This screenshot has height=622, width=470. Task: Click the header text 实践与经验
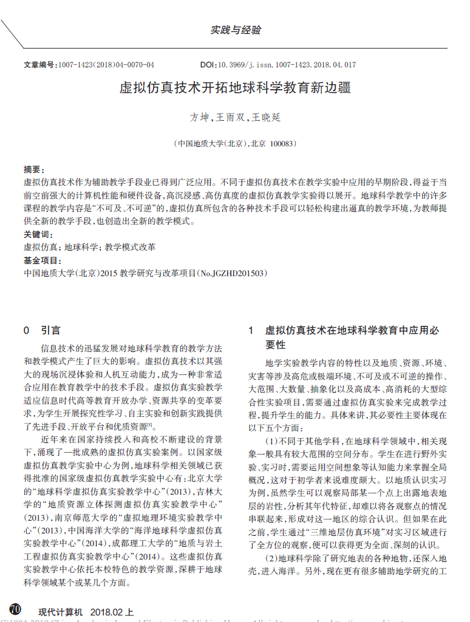pyautogui.click(x=236, y=30)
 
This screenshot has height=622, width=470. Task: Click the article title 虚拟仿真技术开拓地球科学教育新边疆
pyautogui.click(x=235, y=87)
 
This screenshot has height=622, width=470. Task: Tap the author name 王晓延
pyautogui.click(x=267, y=117)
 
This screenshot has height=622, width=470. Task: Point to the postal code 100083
pyautogui.click(x=282, y=144)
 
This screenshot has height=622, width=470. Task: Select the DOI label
pyautogui.click(x=208, y=64)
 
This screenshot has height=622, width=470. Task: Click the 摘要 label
pyautogui.click(x=33, y=169)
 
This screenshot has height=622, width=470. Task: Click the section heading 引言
pyautogui.click(x=50, y=331)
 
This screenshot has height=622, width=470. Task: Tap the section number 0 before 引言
pyautogui.click(x=26, y=331)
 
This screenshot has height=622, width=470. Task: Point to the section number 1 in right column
pyautogui.click(x=250, y=331)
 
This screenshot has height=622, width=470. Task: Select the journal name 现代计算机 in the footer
pyautogui.click(x=60, y=612)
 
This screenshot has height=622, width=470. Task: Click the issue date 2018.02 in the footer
pyautogui.click(x=107, y=612)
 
